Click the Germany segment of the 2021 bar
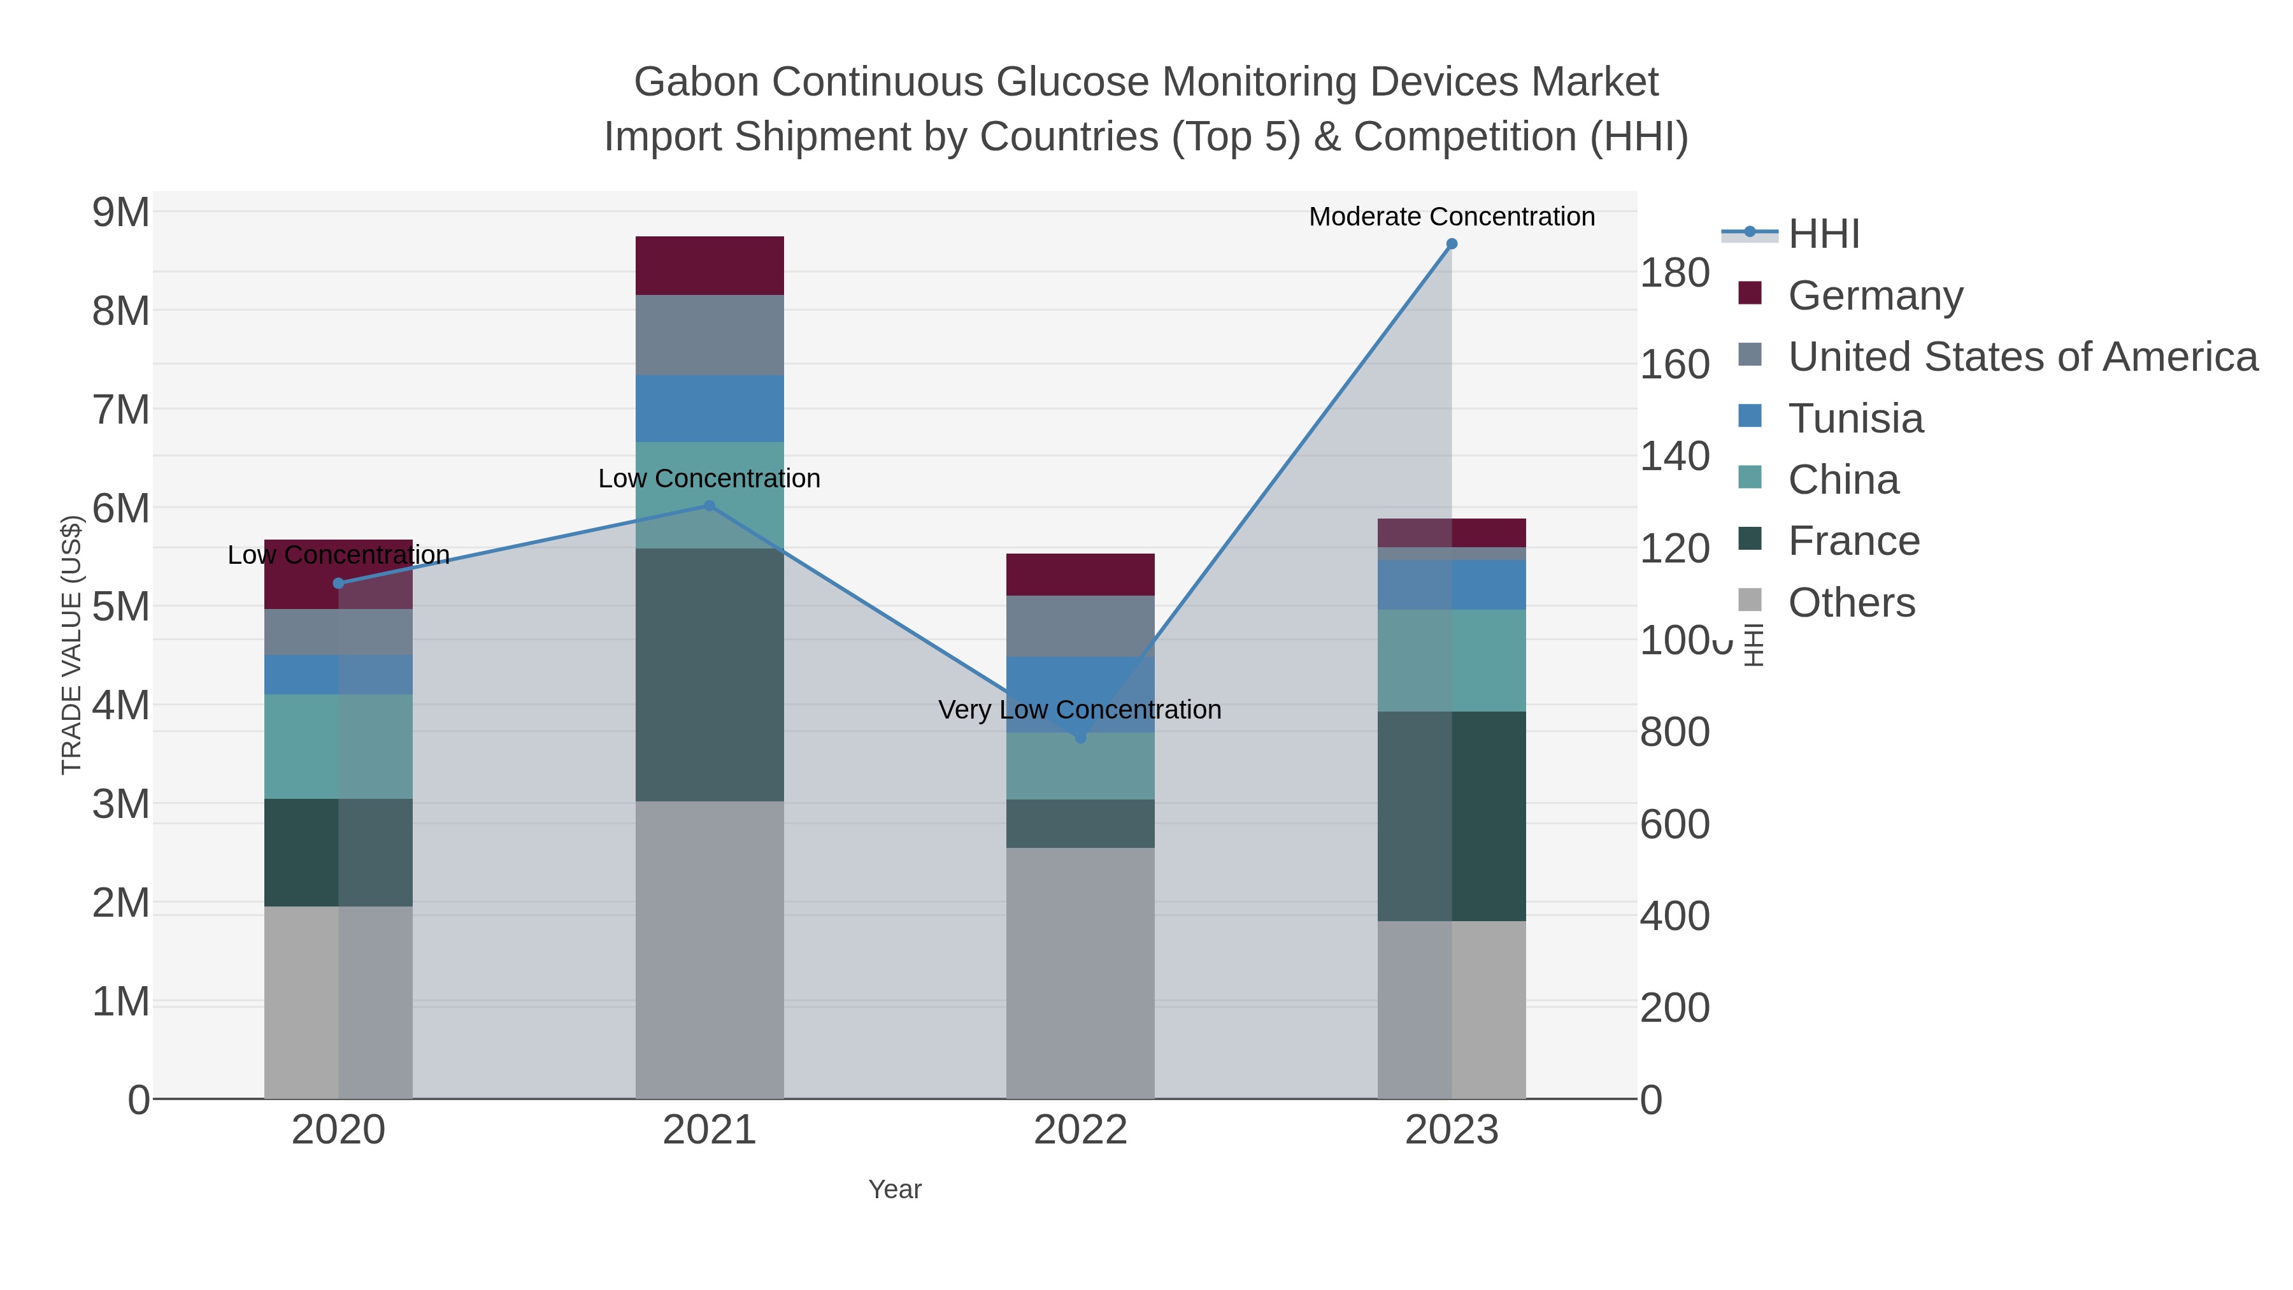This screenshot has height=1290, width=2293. pos(710,265)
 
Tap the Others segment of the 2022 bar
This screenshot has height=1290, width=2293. pos(1080,972)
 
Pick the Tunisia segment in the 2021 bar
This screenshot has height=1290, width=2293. pos(710,408)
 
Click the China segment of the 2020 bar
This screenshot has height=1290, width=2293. pos(338,746)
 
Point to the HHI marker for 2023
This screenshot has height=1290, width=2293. pos(1452,244)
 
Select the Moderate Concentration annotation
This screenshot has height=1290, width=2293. pos(1452,217)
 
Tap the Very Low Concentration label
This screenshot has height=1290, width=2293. pos(1080,710)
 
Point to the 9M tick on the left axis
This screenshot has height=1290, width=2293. pos(121,213)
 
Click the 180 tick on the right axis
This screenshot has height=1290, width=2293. pos(1675,273)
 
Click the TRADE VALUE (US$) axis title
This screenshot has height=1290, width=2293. pos(71,645)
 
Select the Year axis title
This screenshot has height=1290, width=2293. pos(895,1189)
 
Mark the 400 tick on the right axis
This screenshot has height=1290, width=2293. pos(1675,916)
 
